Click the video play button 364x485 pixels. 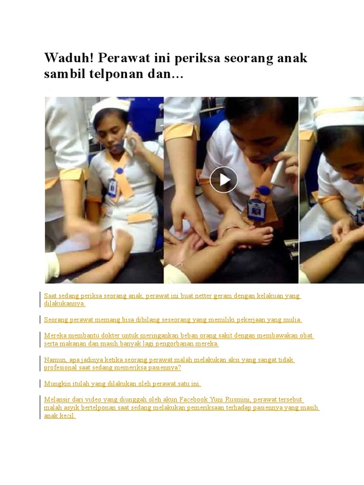click(224, 180)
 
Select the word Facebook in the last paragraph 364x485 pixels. click(193, 399)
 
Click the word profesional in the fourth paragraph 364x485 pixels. click(60, 368)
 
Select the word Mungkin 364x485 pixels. click(57, 384)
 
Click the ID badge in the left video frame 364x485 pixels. click(113, 187)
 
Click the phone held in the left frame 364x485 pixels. click(129, 141)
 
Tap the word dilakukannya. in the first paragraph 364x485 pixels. click(64, 304)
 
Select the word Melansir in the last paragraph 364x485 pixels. click(55, 399)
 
